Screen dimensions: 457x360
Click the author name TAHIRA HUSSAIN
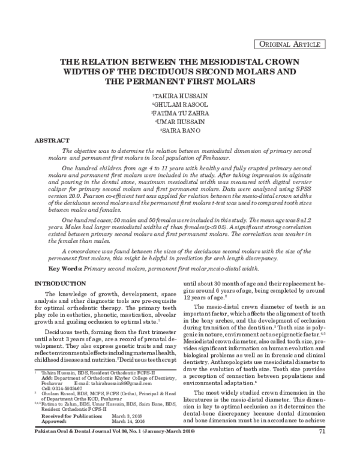181,96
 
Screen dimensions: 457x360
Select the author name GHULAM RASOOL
181,104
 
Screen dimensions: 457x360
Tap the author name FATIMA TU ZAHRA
181,112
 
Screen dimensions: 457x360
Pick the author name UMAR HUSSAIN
181,121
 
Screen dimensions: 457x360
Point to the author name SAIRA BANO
181,129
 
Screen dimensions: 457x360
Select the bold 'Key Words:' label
65,269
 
